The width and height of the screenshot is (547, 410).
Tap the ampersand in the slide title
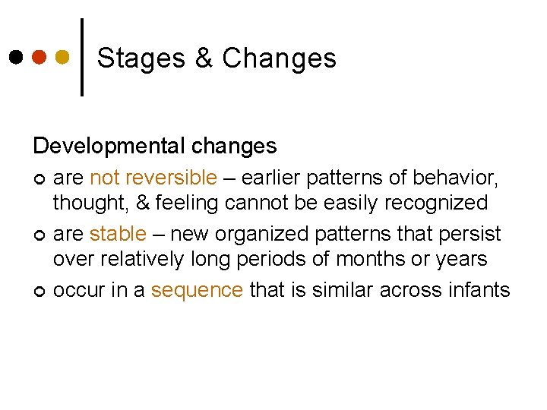coord(204,58)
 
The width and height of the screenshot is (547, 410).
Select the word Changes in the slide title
coord(279,58)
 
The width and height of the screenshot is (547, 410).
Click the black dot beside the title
coord(17,57)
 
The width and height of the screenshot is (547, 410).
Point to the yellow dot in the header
coord(64,57)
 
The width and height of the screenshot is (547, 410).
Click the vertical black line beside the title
coord(82,57)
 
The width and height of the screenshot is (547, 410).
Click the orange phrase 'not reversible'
coord(153,178)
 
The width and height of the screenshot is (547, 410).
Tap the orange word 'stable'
coord(117,234)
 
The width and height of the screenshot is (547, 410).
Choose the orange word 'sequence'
coord(198,289)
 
